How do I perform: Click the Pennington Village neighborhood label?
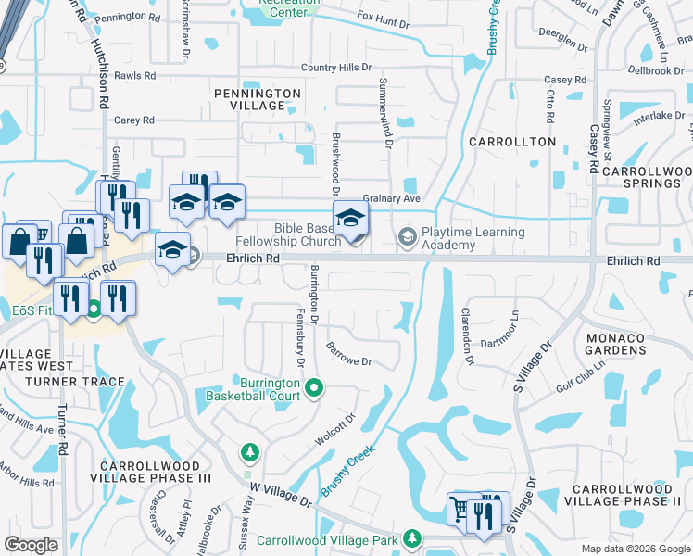tap(258, 99)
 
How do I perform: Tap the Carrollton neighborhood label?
tap(512, 142)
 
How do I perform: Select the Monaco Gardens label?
tap(615, 345)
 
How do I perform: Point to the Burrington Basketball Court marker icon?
tap(313, 387)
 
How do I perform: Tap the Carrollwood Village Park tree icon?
tap(411, 538)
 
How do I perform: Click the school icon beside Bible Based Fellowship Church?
tap(350, 219)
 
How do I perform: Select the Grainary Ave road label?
tap(392, 198)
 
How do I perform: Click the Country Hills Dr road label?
tap(335, 68)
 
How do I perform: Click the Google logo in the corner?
tap(31, 545)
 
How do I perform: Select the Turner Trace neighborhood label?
tap(75, 382)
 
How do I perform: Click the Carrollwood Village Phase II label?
tap(626, 495)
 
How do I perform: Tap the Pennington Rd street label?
tap(133, 17)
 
